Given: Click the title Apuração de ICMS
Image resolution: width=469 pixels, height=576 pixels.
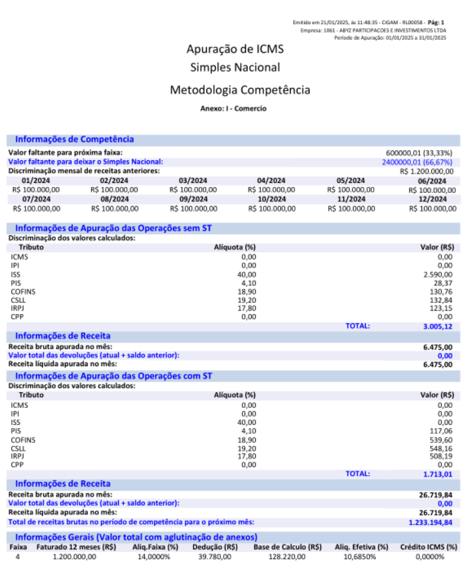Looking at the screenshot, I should click(235, 50).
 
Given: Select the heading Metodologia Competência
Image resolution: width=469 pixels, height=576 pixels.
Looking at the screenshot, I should click(239, 90).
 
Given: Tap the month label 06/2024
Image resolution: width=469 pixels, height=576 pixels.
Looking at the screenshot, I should click(432, 181).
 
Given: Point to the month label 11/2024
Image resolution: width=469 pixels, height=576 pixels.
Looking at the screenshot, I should click(351, 199).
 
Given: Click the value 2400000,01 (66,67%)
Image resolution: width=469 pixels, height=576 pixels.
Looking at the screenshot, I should click(417, 162).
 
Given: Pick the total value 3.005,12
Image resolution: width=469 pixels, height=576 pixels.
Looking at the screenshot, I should click(438, 326).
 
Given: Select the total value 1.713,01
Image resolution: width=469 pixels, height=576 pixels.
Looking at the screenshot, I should click(438, 474).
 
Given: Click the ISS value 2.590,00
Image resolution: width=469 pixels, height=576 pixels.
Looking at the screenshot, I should click(438, 275).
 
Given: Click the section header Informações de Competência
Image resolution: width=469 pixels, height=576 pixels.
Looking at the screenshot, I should click(74, 139).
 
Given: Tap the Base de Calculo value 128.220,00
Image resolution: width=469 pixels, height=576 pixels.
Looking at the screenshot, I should click(288, 557).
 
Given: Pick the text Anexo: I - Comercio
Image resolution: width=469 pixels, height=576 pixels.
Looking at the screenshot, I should click(234, 109).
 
